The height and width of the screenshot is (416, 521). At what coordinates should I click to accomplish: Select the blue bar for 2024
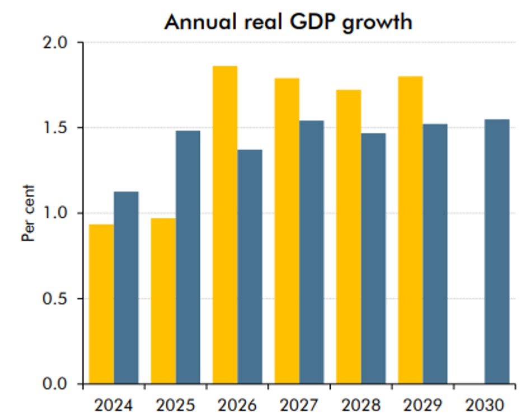pyautogui.click(x=126, y=288)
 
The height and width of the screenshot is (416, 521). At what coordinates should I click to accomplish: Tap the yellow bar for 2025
pyautogui.click(x=163, y=301)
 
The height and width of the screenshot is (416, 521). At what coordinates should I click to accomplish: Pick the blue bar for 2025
pyautogui.click(x=188, y=258)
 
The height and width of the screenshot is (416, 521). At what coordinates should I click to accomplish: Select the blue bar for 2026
pyautogui.click(x=250, y=267)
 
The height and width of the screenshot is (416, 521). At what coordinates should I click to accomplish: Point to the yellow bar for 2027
pyautogui.click(x=287, y=231)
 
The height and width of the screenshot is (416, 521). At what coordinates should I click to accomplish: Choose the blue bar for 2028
pyautogui.click(x=373, y=258)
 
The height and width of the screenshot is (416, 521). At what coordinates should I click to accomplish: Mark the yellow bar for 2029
pyautogui.click(x=410, y=230)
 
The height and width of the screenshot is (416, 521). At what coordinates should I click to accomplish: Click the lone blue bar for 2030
pyautogui.click(x=497, y=251)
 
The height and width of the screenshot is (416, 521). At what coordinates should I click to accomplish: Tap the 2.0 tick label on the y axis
pyautogui.click(x=55, y=43)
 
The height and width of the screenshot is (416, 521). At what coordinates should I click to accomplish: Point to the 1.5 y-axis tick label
pyautogui.click(x=55, y=128)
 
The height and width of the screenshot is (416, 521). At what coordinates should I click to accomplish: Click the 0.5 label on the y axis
pyautogui.click(x=55, y=299)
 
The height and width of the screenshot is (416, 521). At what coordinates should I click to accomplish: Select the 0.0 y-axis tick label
pyautogui.click(x=55, y=384)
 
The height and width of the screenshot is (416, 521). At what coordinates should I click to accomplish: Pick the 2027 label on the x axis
pyautogui.click(x=299, y=404)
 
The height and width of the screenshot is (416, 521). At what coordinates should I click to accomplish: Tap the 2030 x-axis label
pyautogui.click(x=485, y=404)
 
